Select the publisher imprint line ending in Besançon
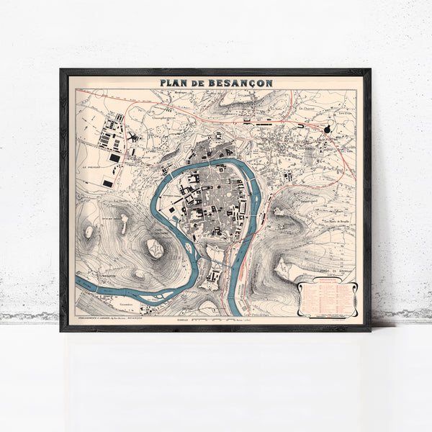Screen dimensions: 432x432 pyautogui.click(x=115, y=316)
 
